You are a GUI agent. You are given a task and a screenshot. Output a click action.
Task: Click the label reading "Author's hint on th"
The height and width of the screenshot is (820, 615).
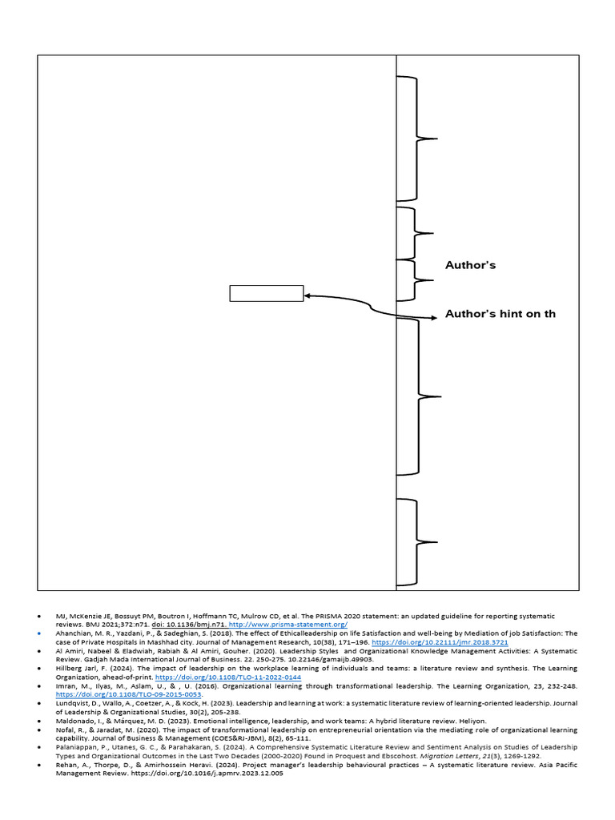pos(500,314)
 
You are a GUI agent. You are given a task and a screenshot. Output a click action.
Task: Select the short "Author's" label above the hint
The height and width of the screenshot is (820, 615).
pos(470,265)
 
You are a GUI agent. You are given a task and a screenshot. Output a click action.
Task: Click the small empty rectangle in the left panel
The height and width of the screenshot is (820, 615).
pos(266,293)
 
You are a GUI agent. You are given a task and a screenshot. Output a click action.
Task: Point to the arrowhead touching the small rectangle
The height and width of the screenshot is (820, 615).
pos(308,296)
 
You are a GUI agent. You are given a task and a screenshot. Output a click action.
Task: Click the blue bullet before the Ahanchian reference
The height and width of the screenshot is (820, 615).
pos(38,633)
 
